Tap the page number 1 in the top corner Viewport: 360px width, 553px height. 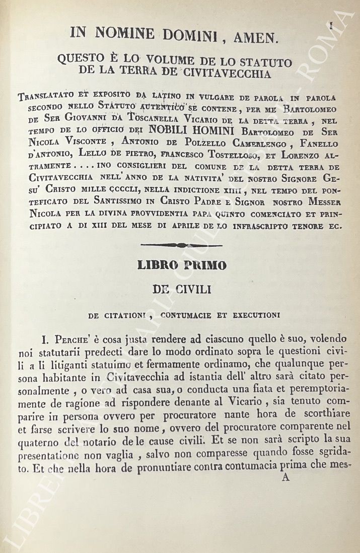331,26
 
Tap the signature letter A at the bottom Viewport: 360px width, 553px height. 285,478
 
